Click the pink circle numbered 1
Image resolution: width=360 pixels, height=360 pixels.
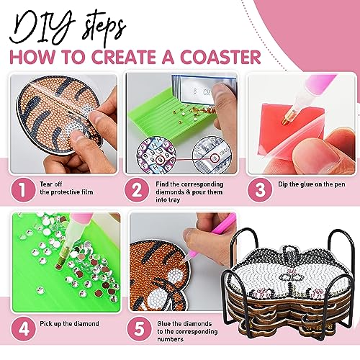point(23,190)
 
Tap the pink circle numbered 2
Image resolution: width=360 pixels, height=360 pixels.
point(137,190)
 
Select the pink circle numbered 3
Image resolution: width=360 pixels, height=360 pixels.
point(260,190)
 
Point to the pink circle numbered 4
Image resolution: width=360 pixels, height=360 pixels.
point(24,329)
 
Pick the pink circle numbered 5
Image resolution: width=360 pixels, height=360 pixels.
point(139,329)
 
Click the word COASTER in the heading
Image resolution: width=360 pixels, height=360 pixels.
point(220,57)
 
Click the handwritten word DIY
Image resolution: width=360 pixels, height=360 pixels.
point(41,27)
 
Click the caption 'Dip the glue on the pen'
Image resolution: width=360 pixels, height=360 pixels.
point(312,184)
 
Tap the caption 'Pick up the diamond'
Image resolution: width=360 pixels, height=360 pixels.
point(69,324)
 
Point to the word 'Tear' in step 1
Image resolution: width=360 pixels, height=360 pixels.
point(47,184)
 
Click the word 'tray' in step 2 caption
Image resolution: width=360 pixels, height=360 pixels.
point(174,200)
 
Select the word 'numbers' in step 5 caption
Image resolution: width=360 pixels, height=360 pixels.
point(171,339)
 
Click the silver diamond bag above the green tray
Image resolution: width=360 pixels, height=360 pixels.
point(204,90)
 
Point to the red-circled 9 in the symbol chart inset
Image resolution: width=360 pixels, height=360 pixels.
point(161,159)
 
